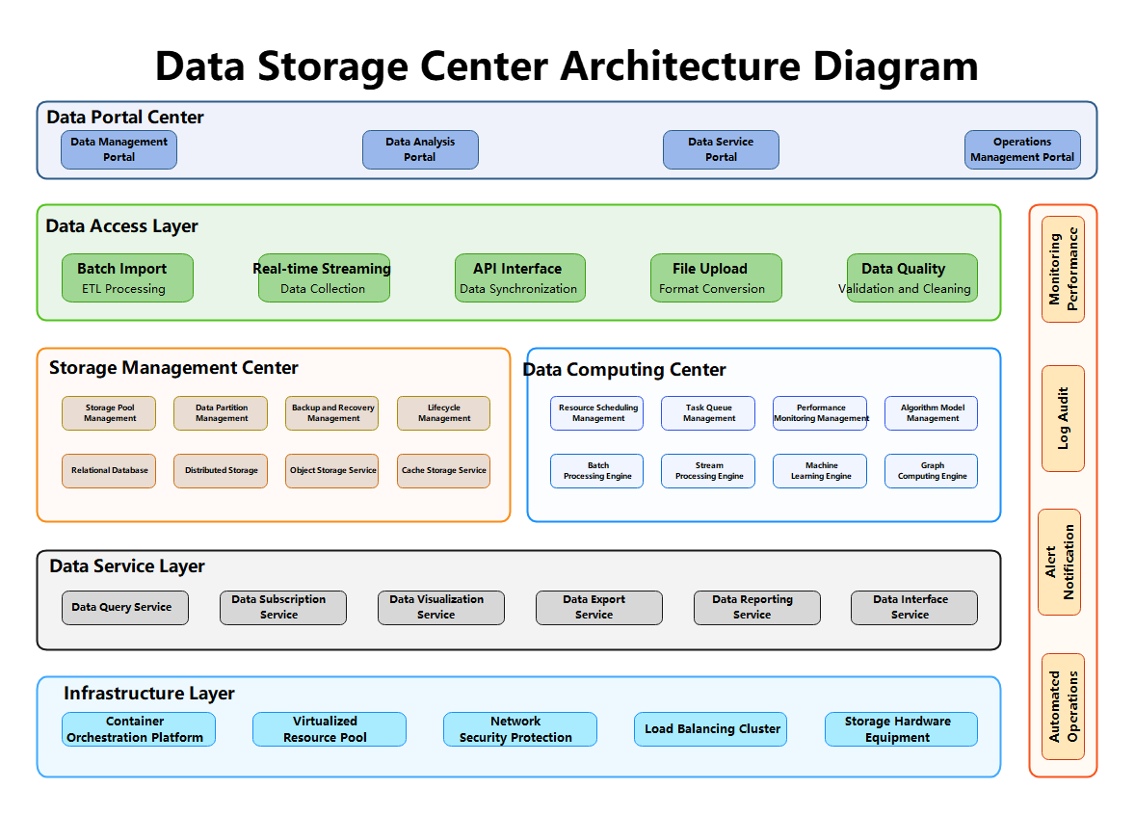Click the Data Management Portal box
119,149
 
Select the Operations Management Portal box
1022,149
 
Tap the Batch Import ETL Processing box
127,277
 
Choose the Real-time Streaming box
324,277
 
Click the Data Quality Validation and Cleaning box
911,277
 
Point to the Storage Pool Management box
109,413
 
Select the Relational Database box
109,471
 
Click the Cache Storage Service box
443,471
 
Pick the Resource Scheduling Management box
597,413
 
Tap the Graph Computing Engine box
931,471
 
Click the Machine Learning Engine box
820,471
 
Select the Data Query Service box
125,608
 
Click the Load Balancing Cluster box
711,729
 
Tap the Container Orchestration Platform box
138,729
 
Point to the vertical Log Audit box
1063,418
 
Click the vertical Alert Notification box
1059,562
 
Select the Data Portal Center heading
125,118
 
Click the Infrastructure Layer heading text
149,694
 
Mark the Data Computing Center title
625,370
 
